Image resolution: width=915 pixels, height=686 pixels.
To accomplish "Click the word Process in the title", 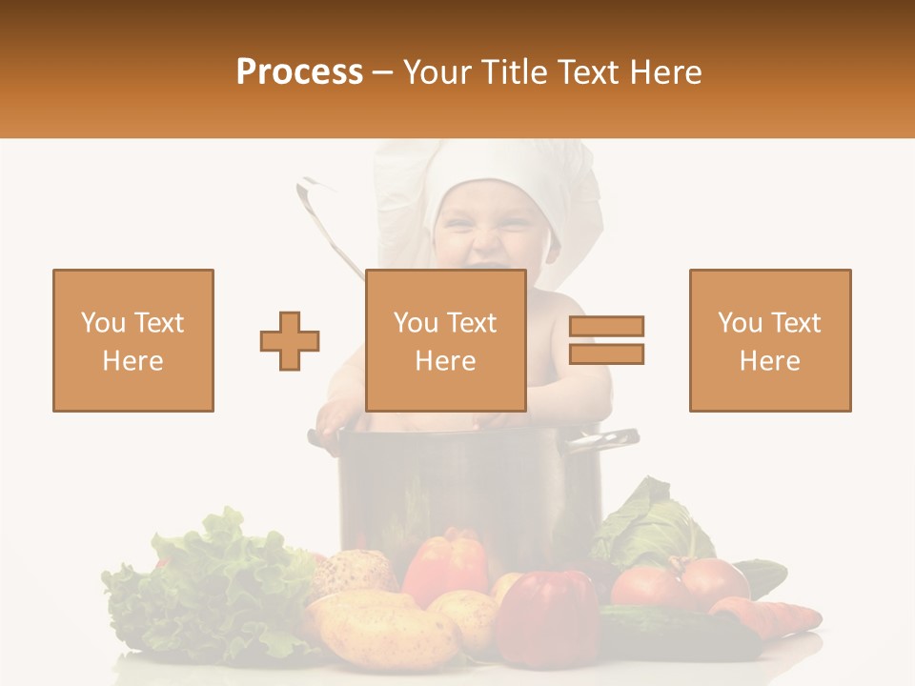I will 299,71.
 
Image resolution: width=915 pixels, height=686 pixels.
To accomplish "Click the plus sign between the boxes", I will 290,341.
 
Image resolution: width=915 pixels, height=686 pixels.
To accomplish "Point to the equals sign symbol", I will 606,340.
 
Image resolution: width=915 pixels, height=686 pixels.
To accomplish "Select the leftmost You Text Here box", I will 133,340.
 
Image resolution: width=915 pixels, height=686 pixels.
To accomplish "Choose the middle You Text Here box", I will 446,340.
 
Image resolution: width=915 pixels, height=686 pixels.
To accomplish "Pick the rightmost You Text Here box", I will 770,340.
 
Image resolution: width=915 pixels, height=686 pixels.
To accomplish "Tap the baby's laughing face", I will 486,238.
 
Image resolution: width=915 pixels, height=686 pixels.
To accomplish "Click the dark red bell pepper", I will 548,615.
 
